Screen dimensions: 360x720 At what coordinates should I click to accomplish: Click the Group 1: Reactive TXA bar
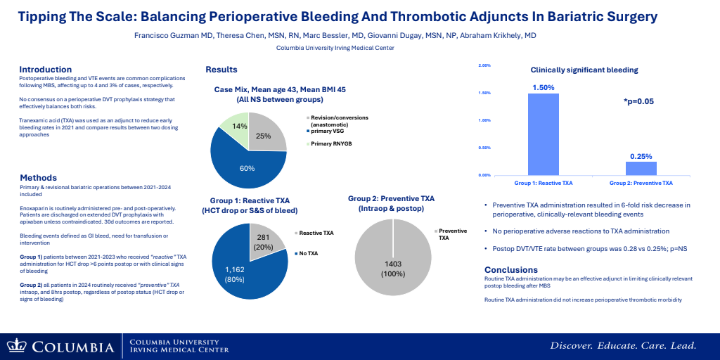pyautogui.click(x=544, y=134)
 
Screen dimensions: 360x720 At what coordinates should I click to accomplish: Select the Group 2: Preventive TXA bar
pyautogui.click(x=641, y=168)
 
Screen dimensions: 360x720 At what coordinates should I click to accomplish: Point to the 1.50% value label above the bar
pyautogui.click(x=544, y=88)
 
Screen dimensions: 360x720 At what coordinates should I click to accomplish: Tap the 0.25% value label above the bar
pyautogui.click(x=641, y=156)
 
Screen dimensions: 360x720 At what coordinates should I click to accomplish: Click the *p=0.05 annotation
pyautogui.click(x=638, y=102)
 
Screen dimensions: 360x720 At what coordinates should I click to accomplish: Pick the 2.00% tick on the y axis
pyautogui.click(x=484, y=65)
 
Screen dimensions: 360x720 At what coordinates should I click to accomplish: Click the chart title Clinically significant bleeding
pyautogui.click(x=584, y=70)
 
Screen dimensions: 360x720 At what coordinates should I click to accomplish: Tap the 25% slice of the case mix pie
pyautogui.click(x=266, y=134)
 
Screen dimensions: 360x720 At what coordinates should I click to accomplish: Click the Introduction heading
pyautogui.click(x=46, y=69)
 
